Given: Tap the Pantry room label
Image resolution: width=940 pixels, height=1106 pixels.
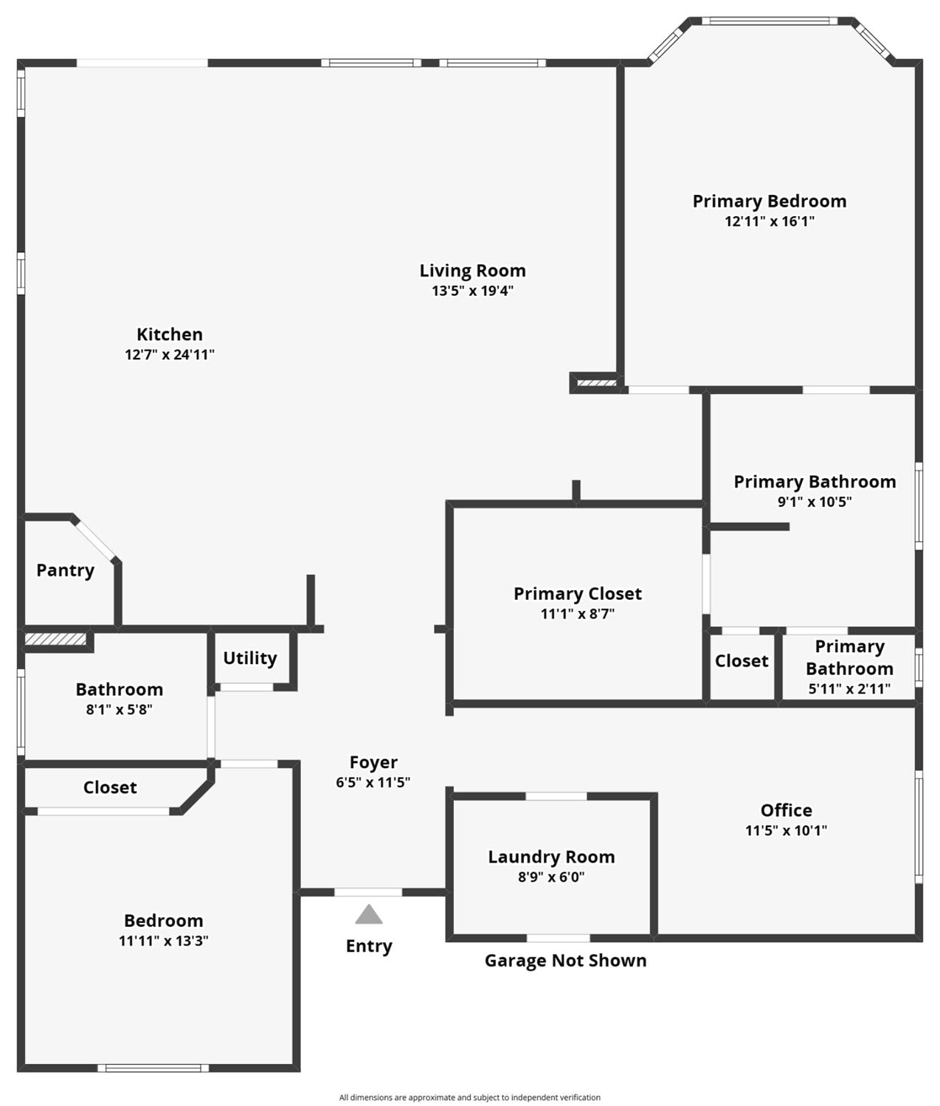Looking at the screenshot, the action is [65, 570].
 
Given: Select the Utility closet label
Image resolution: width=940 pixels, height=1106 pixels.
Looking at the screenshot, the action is [250, 658].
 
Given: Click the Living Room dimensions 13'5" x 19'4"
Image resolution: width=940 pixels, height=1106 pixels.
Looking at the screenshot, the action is [472, 291].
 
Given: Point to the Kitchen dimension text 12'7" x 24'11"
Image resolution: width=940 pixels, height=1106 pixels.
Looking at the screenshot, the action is [170, 354].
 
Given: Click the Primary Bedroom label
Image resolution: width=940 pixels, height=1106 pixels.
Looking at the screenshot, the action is [770, 201].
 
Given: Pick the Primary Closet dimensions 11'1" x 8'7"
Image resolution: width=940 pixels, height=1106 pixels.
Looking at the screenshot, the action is [577, 613].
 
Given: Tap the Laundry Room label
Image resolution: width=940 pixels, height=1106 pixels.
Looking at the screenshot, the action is [551, 857].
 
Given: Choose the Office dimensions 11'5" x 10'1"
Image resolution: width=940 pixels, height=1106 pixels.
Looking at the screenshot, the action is [786, 830].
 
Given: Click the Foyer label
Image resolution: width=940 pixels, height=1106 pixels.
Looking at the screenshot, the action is [373, 762].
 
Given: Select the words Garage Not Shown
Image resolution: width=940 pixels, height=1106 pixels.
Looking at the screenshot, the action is [565, 961].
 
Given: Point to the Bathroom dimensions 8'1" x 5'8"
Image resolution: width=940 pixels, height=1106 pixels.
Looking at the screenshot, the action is [120, 710].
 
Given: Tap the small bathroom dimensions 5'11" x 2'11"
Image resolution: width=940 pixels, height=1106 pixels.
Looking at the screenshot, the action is [849, 688].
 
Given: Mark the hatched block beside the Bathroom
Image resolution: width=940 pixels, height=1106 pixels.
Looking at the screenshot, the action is [55, 639].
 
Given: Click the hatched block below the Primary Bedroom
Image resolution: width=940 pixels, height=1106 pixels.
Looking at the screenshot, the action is [596, 383].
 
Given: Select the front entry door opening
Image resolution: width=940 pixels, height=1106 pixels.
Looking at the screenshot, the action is [368, 892].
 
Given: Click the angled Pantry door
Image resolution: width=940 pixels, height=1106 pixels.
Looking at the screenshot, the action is [94, 540].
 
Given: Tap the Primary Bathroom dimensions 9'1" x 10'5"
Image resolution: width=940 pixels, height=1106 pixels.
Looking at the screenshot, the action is [815, 502].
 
